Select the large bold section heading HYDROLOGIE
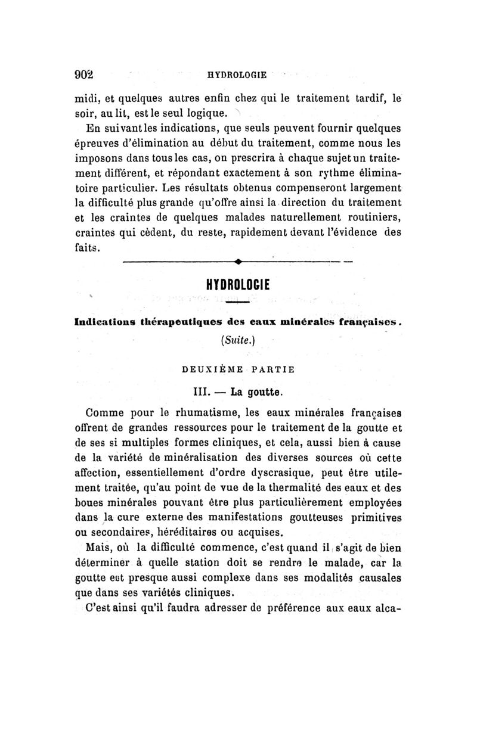tap(237, 285)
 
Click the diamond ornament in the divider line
tap(237, 261)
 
